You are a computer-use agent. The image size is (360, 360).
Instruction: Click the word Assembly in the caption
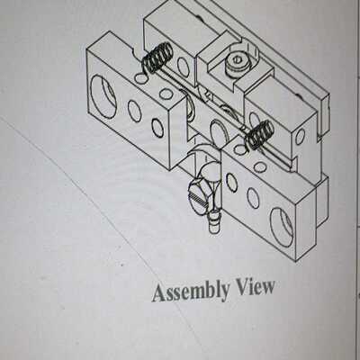coord(191,292)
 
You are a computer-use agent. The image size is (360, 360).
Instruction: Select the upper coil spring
coord(157,58)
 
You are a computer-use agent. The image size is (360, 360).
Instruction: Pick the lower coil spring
coord(259,134)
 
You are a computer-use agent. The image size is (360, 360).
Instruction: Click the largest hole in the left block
coord(103,96)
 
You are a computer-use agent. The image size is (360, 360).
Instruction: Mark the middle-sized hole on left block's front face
coord(135,111)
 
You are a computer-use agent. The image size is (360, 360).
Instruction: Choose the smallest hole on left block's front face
coord(157,128)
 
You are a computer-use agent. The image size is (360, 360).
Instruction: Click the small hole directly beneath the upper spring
coord(139,78)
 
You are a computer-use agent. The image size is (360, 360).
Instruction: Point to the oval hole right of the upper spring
coord(183,66)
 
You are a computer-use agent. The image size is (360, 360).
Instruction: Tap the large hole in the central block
coord(218,132)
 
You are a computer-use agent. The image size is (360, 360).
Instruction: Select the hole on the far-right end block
coord(300,137)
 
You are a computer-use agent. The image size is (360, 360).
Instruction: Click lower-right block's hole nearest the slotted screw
coord(231,183)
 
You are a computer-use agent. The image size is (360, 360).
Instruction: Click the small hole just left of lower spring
coord(239,149)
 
